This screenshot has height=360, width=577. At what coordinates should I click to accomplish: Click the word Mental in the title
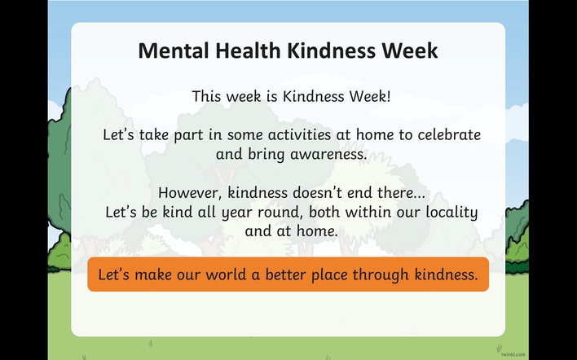click(173, 50)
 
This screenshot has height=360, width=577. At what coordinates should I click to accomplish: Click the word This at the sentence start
click(207, 96)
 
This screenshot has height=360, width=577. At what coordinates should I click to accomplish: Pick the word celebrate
click(449, 134)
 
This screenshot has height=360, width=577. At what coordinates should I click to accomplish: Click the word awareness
click(328, 154)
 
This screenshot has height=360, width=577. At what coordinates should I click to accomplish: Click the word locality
click(451, 213)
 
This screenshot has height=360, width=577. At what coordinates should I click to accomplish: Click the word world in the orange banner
click(225, 274)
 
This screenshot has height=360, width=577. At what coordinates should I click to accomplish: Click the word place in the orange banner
click(328, 275)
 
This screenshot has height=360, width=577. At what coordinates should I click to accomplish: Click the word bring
click(266, 155)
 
